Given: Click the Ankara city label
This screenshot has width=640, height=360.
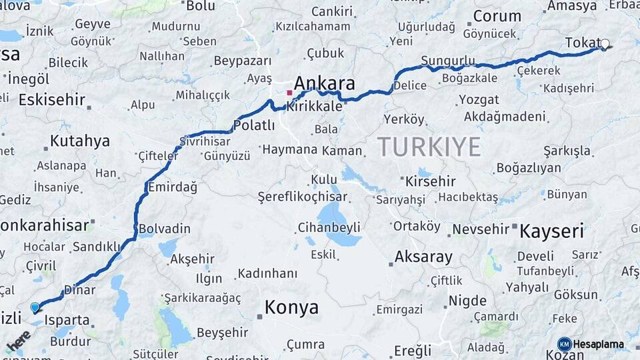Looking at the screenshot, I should click(x=324, y=83).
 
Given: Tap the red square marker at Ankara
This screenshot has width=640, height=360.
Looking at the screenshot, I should click(x=289, y=92).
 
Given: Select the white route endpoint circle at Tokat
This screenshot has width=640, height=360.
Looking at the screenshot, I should click(x=605, y=45).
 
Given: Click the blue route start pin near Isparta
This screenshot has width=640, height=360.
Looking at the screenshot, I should click(x=35, y=307).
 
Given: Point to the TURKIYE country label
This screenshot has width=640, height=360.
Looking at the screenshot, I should click(x=429, y=147).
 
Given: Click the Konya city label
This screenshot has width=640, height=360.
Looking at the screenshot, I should click(x=291, y=307).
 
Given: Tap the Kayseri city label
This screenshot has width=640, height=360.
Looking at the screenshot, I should click(x=551, y=231).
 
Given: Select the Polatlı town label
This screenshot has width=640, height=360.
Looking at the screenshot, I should click(x=253, y=125).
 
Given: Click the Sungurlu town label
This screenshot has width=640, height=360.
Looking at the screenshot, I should click(x=447, y=61).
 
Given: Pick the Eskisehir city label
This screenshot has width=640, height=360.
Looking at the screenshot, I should click(x=52, y=100).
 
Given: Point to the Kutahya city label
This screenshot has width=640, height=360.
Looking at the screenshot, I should click(x=79, y=141).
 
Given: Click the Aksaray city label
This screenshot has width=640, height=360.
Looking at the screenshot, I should click(x=423, y=257).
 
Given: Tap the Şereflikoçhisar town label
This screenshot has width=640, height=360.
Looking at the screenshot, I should click(x=303, y=197).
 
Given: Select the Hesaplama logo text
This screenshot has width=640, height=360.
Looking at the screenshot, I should click(x=599, y=345).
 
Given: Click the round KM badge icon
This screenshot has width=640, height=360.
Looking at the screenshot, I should click(x=565, y=345).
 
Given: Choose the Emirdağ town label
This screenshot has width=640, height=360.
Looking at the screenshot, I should click(x=172, y=187).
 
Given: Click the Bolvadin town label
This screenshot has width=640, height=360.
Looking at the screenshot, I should click(x=164, y=229).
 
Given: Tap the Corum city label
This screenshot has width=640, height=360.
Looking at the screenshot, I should click(x=497, y=17).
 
